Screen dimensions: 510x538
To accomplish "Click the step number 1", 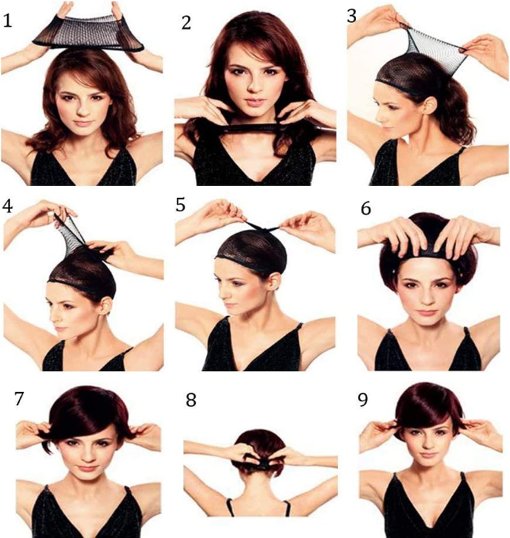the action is pos(7,21).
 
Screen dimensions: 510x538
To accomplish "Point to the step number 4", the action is pos(7,206).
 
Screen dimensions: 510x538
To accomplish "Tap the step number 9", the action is pos(363,400).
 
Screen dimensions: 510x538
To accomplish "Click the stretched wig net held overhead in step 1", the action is pos(88,34).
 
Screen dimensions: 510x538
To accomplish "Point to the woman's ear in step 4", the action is pos(107,305).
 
